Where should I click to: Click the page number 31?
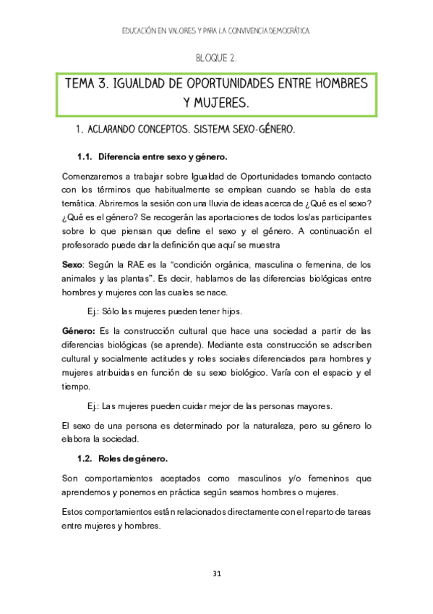click(x=216, y=573)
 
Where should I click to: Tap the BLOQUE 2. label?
click(x=216, y=58)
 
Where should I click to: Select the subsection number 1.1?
click(x=85, y=156)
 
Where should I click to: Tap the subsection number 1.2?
click(x=85, y=459)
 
